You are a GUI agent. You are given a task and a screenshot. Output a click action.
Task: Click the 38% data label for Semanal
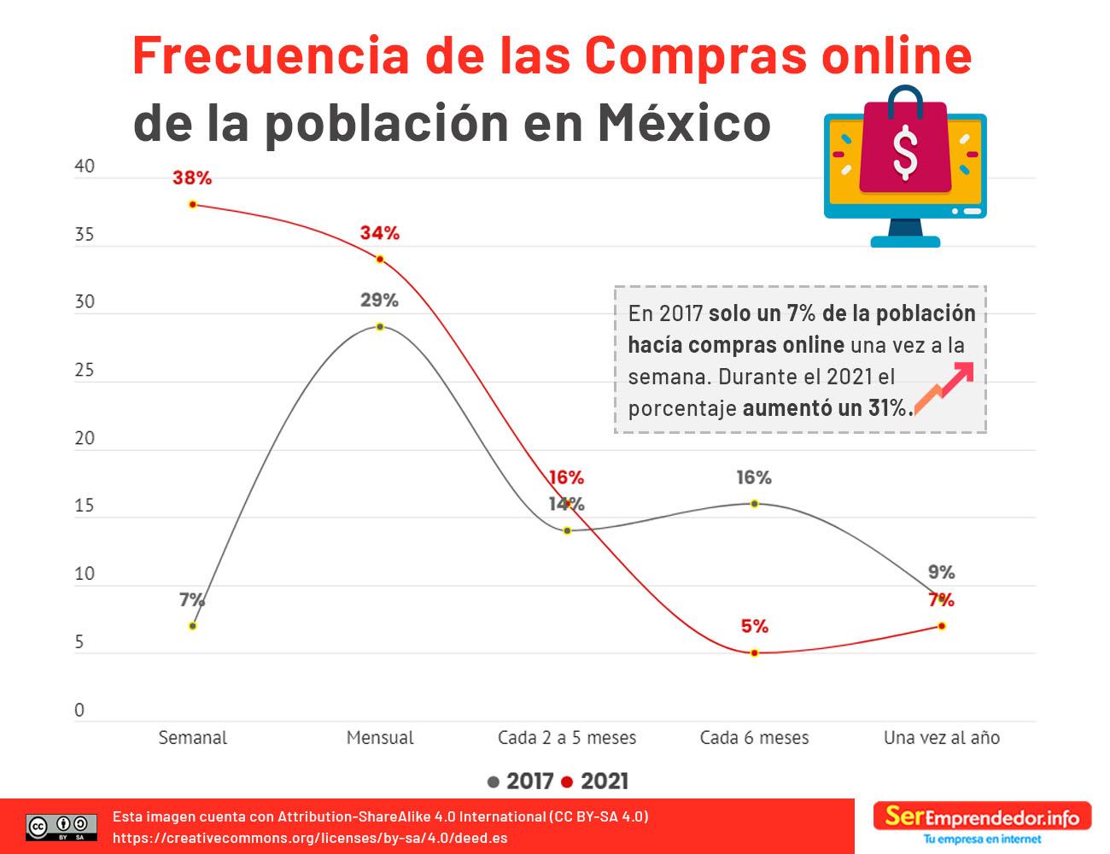click(x=192, y=178)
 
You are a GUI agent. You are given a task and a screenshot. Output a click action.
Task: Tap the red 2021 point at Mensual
click(x=380, y=259)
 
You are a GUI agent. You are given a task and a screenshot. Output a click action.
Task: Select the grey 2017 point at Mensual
click(x=380, y=326)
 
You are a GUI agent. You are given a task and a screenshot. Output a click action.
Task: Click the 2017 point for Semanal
click(x=193, y=626)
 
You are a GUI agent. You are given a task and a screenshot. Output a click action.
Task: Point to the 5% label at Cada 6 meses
click(x=755, y=627)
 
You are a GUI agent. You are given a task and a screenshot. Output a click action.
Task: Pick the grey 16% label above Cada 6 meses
click(x=754, y=477)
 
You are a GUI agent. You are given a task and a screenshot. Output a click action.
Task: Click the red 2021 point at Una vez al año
click(x=942, y=626)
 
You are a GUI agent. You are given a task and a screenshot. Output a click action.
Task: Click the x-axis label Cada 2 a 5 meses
click(x=567, y=738)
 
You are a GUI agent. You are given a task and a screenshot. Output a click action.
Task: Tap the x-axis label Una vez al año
click(x=942, y=738)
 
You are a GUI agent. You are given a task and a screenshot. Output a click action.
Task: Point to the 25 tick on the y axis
click(x=85, y=371)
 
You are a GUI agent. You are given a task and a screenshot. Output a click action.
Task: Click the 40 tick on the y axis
click(x=85, y=167)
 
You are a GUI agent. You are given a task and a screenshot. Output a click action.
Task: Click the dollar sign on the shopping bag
click(x=904, y=151)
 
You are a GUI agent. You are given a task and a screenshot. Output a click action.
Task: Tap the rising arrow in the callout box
click(x=944, y=387)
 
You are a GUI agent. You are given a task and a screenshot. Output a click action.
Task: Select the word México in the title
click(x=684, y=122)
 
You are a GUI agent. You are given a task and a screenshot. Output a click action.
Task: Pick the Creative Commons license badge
click(x=61, y=827)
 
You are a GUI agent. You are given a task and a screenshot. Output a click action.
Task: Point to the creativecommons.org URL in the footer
click(x=310, y=838)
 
